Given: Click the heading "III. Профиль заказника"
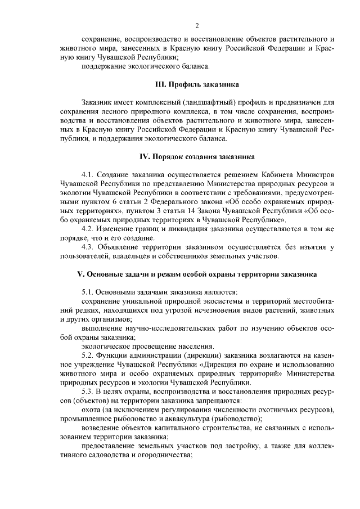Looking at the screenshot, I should point(197,84).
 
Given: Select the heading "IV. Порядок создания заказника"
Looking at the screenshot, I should point(197,156).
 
